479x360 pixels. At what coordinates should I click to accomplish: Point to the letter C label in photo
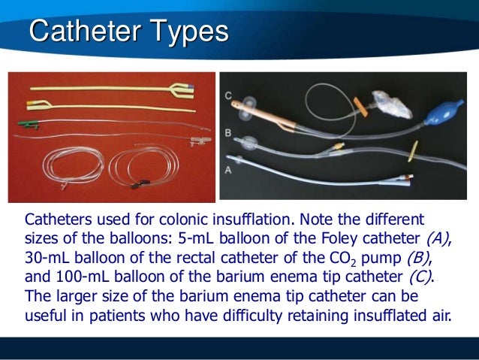(227, 95)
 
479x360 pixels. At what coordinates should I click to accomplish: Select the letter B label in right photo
(227, 133)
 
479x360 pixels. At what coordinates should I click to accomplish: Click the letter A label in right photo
(227, 171)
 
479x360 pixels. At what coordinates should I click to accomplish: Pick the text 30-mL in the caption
(47, 258)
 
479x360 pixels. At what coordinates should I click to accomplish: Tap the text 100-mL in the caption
(80, 277)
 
